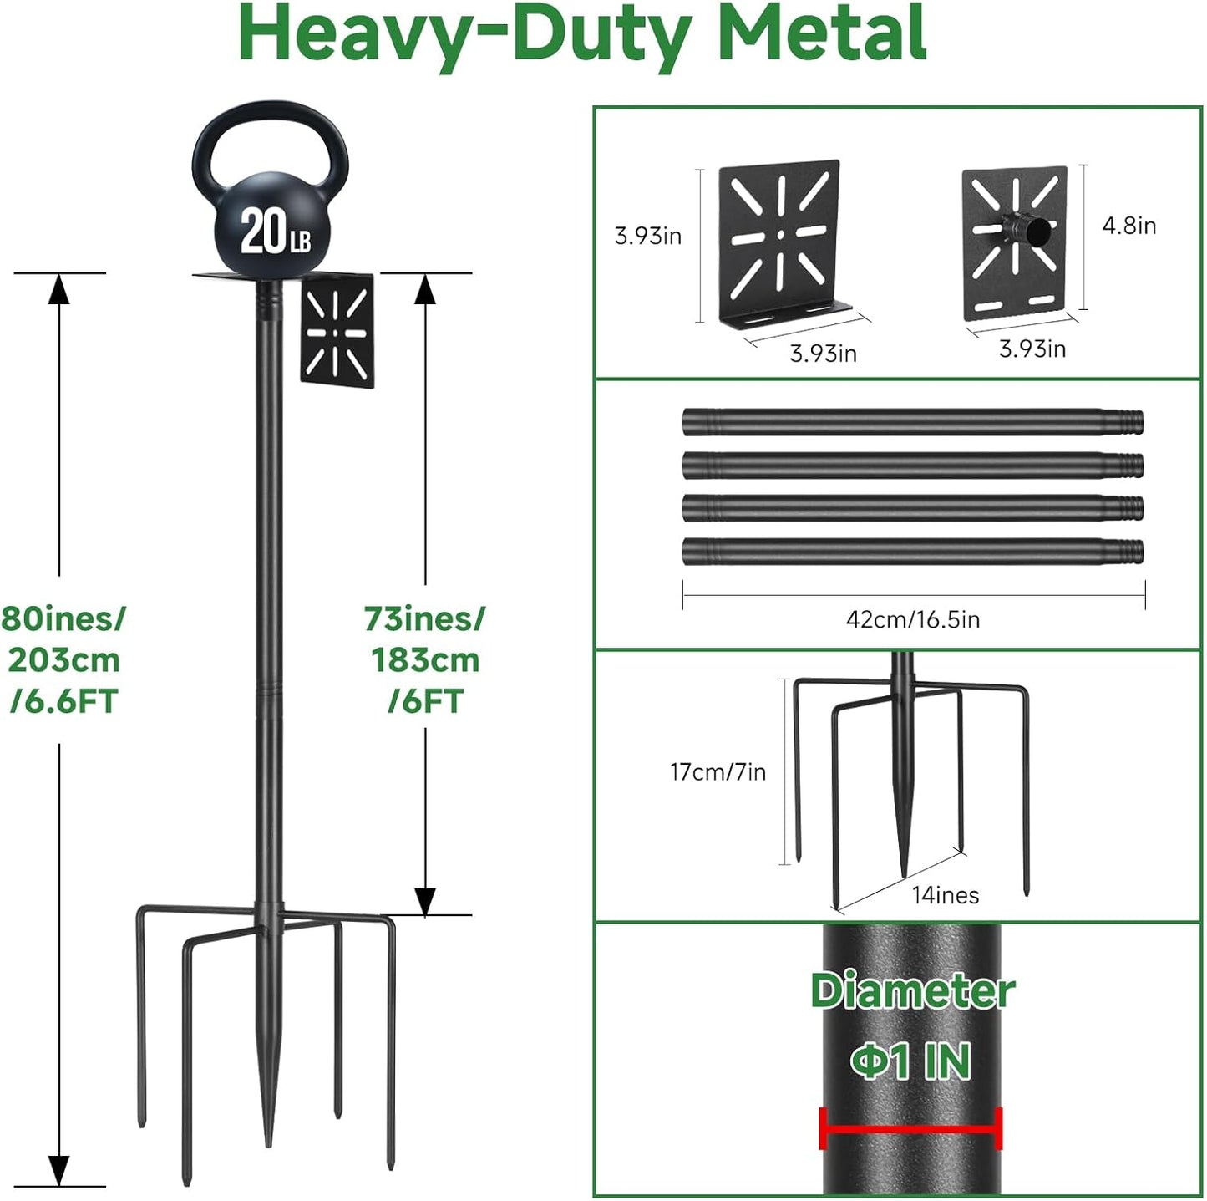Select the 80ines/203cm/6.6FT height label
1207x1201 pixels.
(63, 660)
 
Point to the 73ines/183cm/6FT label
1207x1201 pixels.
(424, 660)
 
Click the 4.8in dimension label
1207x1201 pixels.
(1128, 226)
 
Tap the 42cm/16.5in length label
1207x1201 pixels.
(912, 619)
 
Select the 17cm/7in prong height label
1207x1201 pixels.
(718, 771)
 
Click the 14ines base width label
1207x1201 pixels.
(945, 895)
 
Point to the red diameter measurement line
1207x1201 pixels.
(910, 1130)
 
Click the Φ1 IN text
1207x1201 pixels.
(910, 1061)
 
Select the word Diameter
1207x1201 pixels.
(912, 991)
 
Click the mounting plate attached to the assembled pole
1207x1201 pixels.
(337, 331)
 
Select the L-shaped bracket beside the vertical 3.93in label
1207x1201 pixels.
(781, 242)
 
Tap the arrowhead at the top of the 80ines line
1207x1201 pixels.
(58, 288)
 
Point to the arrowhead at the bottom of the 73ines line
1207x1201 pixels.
(425, 901)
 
